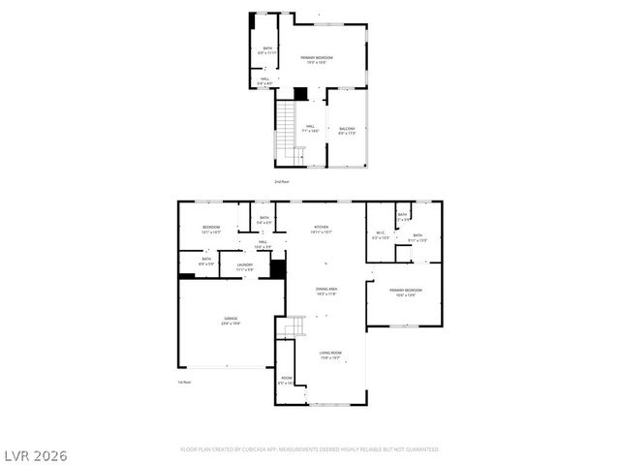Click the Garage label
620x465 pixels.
pos(232,321)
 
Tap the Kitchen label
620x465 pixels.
pos(321,230)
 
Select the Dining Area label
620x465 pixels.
pos(325,292)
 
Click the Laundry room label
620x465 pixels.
pos(244,266)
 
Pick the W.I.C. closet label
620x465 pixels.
pos(381,235)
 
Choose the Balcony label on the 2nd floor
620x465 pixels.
pos(347,131)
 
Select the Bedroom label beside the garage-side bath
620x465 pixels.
pos(210,230)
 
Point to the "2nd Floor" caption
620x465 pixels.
pos(282,181)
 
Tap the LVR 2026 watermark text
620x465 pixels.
pos(35,454)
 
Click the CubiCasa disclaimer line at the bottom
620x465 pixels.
pos(310,449)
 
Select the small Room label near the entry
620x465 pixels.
pos(286,381)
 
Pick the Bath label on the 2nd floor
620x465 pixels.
pos(267,51)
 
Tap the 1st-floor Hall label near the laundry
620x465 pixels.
pos(262,244)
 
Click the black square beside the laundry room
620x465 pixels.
pos(278,268)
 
